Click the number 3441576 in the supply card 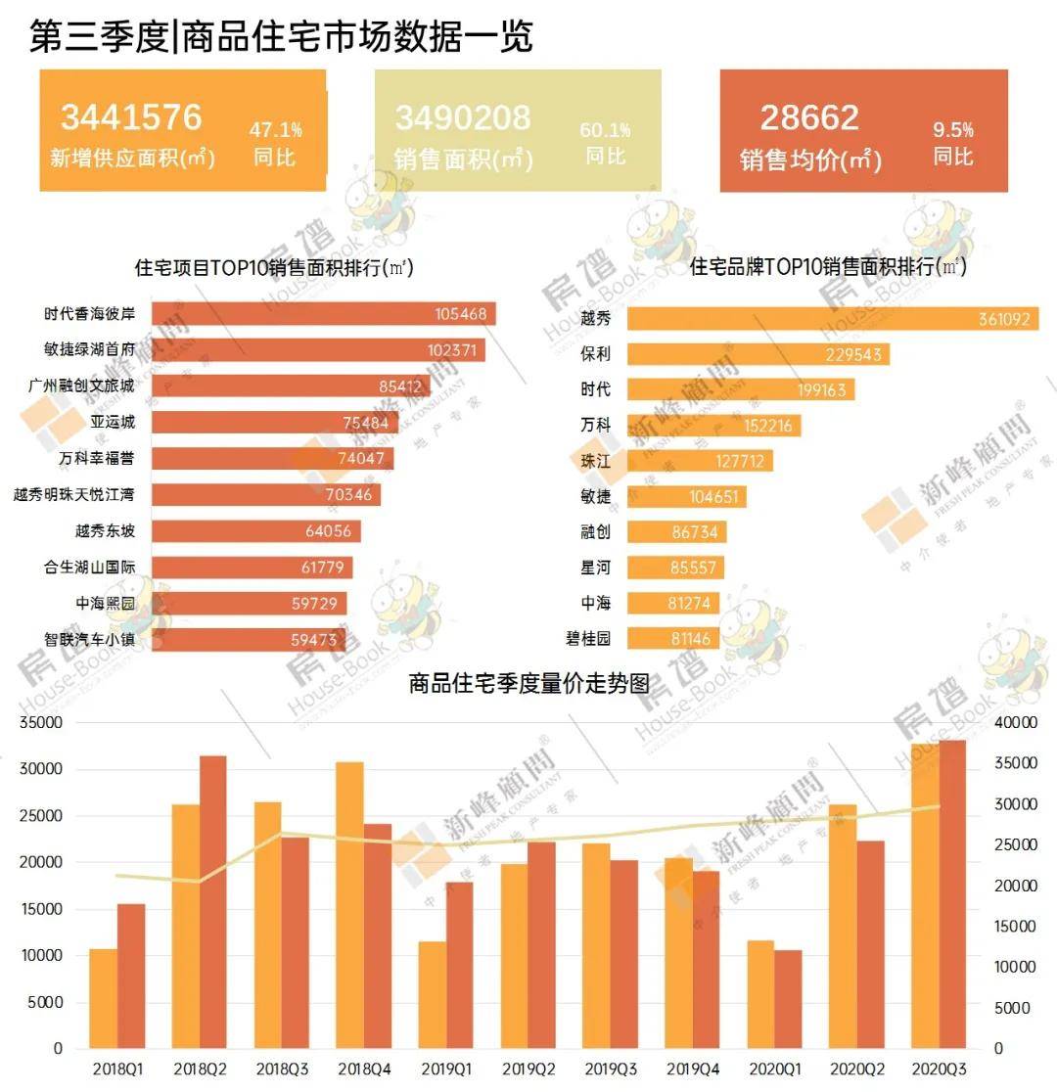[131, 117]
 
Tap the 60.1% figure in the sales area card [606, 130]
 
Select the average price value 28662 [809, 117]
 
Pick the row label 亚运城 [112, 423]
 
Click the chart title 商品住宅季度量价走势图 [528, 684]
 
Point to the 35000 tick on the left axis [43, 723]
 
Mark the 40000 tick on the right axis [1014, 723]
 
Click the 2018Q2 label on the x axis [200, 1068]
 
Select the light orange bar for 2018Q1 [104, 998]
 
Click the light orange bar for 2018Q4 [349, 905]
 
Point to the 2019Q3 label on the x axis [611, 1068]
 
